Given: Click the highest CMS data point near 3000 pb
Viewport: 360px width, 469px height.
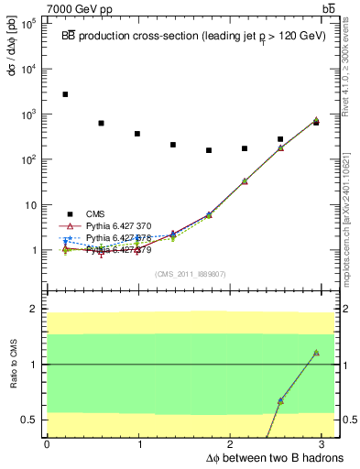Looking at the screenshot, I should (x=65, y=94).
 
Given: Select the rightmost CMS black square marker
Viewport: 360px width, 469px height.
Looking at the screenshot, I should (x=316, y=122).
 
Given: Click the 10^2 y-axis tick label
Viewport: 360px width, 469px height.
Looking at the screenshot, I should (x=27, y=159).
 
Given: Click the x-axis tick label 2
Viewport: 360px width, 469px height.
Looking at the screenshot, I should (x=233, y=443).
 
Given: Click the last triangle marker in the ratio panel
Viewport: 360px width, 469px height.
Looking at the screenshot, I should (x=316, y=353).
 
